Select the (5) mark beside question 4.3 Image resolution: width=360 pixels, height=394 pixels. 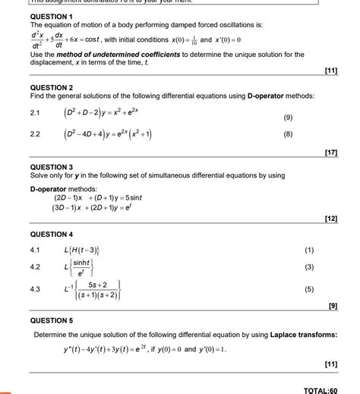click(308, 289)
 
